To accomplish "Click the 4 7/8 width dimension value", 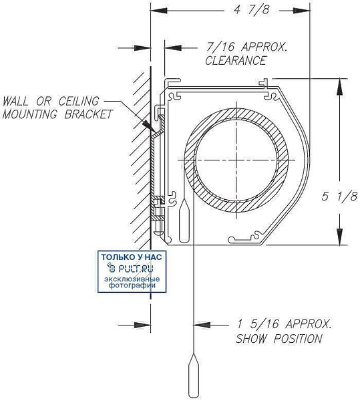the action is click(251, 10).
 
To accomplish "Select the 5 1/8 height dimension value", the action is click(339, 196).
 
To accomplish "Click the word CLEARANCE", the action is click(236, 61).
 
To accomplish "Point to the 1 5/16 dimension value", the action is click(258, 323).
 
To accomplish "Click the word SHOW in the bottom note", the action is click(251, 339).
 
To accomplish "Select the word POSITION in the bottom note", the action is click(298, 339).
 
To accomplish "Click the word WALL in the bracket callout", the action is click(15, 102).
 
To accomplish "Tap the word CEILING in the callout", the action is click(79, 102).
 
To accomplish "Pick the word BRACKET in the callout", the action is click(88, 114).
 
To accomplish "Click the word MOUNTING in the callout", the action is click(29, 114).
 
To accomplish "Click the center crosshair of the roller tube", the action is click(236, 160).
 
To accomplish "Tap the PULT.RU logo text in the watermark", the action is click(132, 268).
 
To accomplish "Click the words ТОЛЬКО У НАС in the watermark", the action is click(132, 257).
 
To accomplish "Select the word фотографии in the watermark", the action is click(132, 285).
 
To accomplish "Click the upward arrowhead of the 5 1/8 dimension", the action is click(339, 87).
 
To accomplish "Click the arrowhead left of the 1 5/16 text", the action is click(202, 325).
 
